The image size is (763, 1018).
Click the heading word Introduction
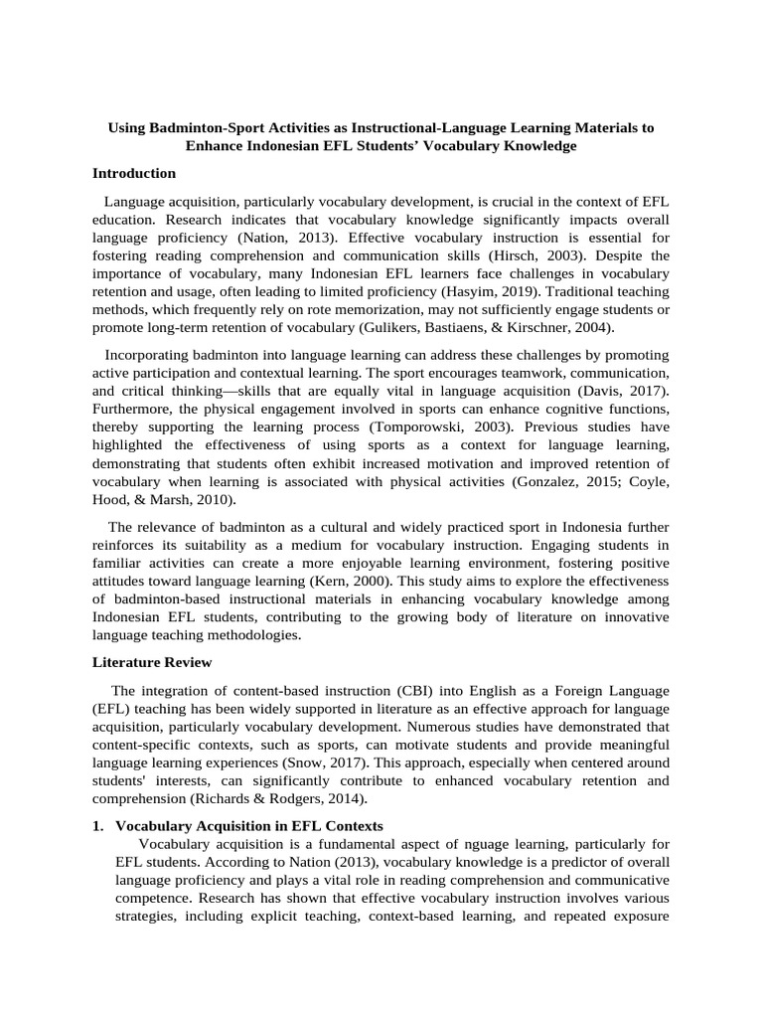[134, 173]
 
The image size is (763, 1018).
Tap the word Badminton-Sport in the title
[201, 129]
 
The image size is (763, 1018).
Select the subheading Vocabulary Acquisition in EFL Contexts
[249, 826]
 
